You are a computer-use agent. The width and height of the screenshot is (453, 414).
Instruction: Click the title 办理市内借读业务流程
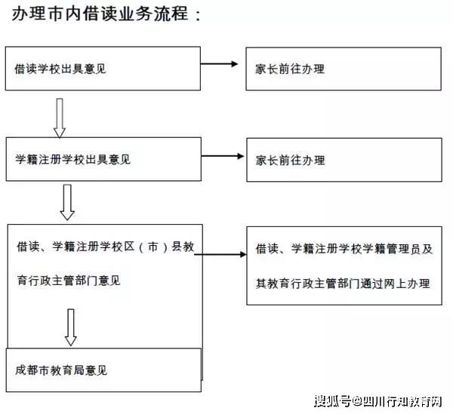click(x=100, y=14)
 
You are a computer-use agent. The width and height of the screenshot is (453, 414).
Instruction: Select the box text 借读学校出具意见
click(x=60, y=69)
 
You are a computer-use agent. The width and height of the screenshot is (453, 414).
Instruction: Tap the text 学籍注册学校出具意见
click(x=72, y=159)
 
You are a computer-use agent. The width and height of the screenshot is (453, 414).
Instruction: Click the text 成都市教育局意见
click(x=61, y=370)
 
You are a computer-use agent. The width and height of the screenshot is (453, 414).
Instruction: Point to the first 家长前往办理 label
click(x=290, y=69)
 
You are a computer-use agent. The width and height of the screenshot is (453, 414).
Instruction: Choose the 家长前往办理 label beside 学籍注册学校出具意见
click(x=291, y=160)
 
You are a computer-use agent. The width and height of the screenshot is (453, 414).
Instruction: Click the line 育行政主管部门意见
click(x=69, y=281)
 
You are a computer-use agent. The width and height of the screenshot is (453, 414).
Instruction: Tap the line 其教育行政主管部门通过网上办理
click(x=343, y=284)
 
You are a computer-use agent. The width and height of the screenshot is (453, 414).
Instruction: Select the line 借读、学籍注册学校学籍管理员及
click(x=344, y=249)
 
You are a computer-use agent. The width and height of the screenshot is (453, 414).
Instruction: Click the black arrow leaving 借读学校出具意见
click(x=219, y=64)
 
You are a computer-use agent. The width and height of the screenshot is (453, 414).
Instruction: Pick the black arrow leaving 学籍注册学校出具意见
click(x=223, y=156)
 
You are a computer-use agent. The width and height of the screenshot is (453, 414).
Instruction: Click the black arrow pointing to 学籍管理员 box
click(x=220, y=254)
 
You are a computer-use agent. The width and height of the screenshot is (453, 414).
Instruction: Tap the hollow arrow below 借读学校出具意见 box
click(x=60, y=118)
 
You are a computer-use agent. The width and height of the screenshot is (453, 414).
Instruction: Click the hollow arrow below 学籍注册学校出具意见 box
click(x=67, y=202)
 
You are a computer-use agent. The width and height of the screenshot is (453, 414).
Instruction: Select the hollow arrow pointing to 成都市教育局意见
click(x=71, y=327)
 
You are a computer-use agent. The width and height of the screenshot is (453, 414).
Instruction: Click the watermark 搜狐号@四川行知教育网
click(x=378, y=401)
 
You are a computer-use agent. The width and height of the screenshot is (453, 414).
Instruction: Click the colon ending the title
click(x=198, y=15)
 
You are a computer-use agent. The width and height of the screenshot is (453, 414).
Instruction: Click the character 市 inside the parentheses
click(x=153, y=247)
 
